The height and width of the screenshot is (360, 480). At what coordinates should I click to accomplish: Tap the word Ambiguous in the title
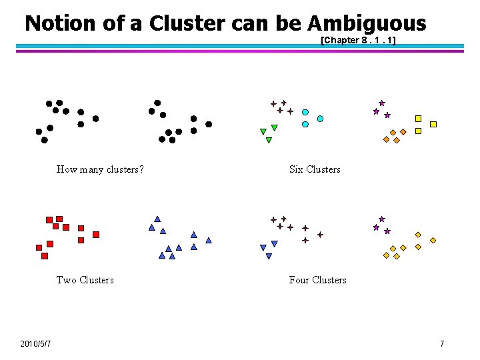click(x=367, y=24)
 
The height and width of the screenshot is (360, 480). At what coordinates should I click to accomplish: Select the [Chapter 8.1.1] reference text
click(x=359, y=40)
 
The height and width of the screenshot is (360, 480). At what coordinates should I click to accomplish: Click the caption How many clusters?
click(x=101, y=169)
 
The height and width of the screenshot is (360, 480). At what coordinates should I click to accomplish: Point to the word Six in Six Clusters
click(x=297, y=169)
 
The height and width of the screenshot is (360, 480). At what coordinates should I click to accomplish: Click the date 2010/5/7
click(x=37, y=343)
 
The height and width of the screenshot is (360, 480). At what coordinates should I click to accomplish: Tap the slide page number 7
click(x=441, y=343)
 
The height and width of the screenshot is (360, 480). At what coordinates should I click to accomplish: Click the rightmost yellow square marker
click(x=433, y=124)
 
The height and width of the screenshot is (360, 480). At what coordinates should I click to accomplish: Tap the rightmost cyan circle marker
click(x=321, y=119)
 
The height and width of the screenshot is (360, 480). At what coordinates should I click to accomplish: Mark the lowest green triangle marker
click(x=269, y=140)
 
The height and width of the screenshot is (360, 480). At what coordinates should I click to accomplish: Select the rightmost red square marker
click(x=96, y=235)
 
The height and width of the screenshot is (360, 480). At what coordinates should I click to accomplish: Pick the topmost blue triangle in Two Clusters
click(x=157, y=219)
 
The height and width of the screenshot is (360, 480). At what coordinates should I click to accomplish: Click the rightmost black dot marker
click(x=209, y=124)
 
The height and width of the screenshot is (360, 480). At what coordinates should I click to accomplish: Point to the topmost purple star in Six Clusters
click(x=382, y=103)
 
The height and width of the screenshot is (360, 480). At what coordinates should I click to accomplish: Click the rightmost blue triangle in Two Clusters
click(x=209, y=240)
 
